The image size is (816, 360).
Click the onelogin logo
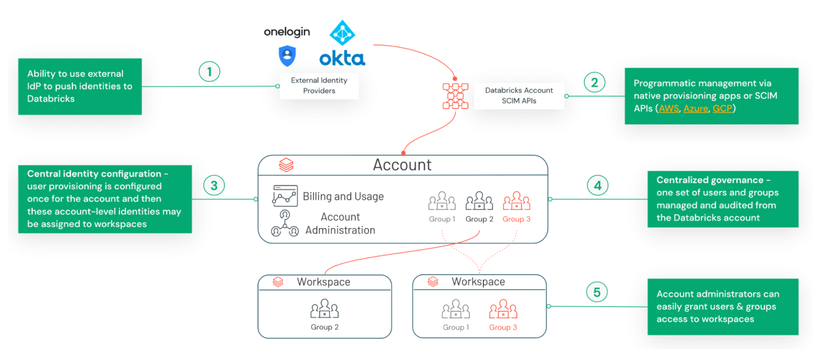pos(287,32)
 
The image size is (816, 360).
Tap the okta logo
pos(342,59)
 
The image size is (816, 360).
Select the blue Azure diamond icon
pos(342,33)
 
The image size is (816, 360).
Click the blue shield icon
pos(287,56)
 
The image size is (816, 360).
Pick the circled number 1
pos(209,72)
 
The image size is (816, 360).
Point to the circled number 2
pos(594,83)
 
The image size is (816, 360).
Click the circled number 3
pos(214,186)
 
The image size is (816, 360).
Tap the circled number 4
pos(598,186)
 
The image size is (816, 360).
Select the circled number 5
pos(597,292)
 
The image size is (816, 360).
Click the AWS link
pos(669,108)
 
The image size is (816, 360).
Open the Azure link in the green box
pos(696,108)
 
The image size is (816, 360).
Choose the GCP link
pos(722,108)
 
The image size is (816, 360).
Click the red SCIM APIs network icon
pos(455,96)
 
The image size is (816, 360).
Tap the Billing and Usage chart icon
pos(285,196)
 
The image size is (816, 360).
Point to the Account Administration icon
pos(285,224)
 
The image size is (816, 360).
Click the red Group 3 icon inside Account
pos(516,201)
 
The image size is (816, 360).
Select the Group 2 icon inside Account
pos(479,201)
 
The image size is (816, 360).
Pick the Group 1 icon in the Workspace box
pos(456,309)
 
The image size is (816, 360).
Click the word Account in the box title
pos(402,165)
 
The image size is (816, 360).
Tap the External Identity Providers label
pos(319,85)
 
